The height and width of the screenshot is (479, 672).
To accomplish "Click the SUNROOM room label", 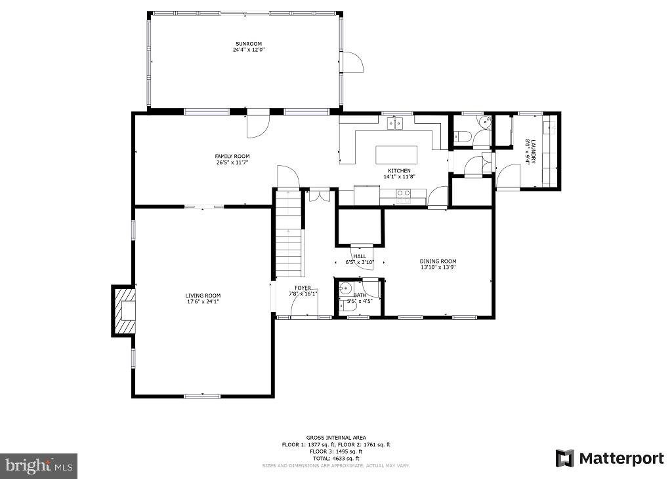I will [x=249, y=44].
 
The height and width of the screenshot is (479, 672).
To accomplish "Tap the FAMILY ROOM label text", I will [x=232, y=156].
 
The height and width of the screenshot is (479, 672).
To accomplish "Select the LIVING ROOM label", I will [x=203, y=296].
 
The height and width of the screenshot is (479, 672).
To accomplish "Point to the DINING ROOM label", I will [x=438, y=261].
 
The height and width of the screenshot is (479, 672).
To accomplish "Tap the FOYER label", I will [x=303, y=288].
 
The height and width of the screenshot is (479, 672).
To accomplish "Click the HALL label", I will [x=360, y=256].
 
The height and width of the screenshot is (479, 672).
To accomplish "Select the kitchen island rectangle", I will [x=396, y=155].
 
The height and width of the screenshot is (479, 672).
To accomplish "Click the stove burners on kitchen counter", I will [x=404, y=193].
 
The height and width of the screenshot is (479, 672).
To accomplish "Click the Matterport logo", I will [x=610, y=458].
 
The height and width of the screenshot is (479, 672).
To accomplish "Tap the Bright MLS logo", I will [x=39, y=466].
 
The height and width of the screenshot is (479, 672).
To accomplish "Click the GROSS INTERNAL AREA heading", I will [x=336, y=437].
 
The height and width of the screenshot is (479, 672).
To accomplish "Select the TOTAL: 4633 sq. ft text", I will [x=336, y=458].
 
